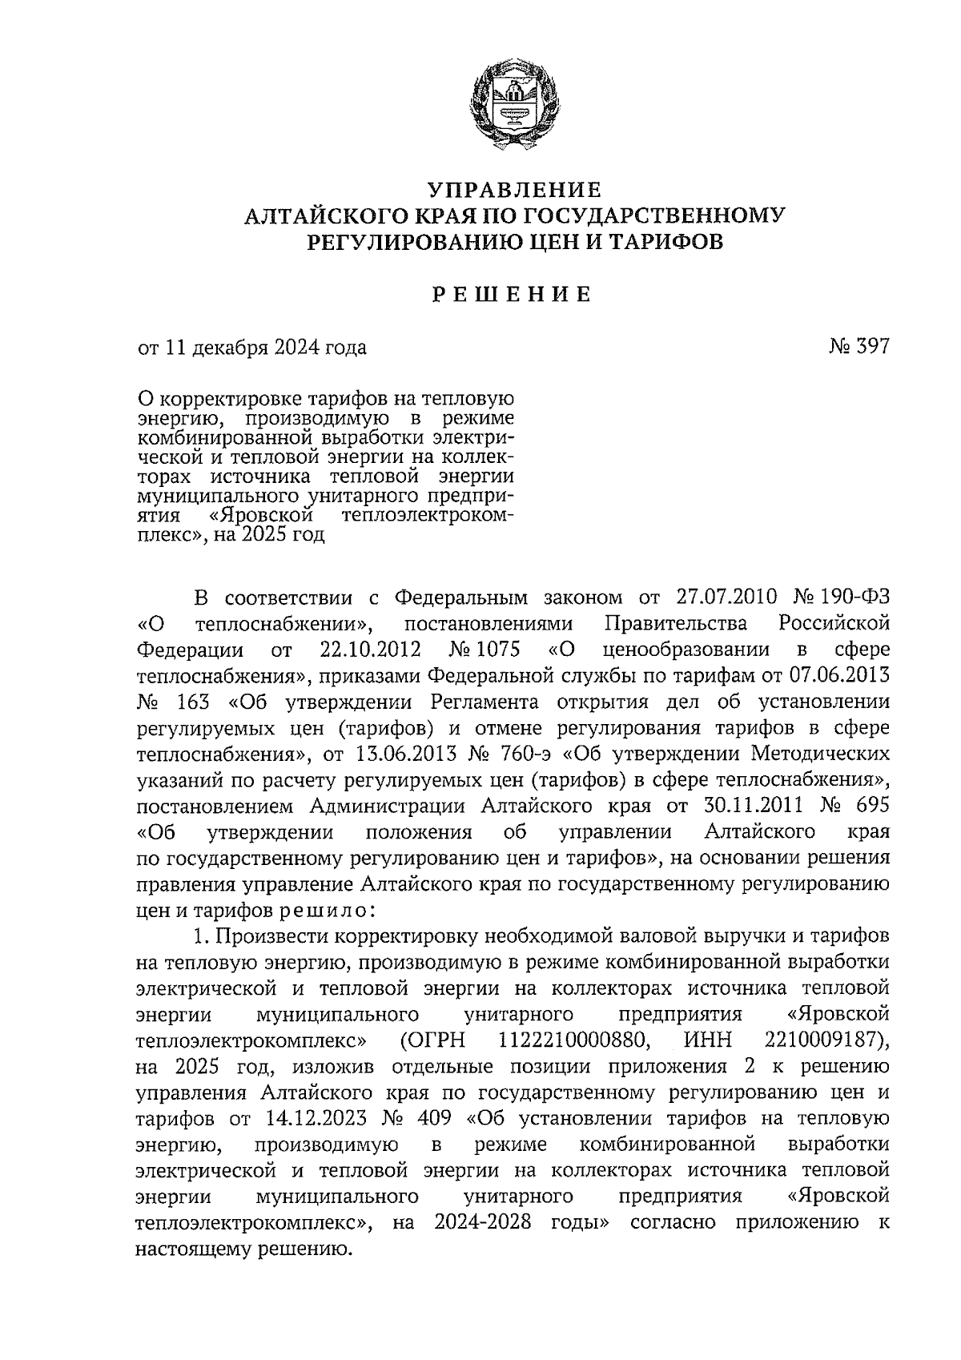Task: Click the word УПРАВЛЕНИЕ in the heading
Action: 514,190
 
